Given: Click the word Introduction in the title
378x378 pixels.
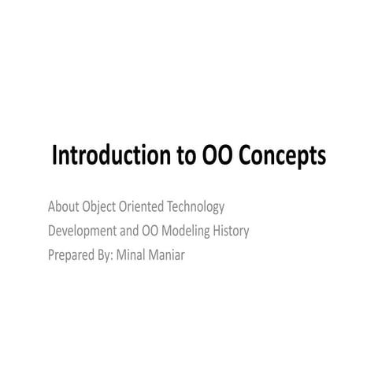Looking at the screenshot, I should pos(107,157).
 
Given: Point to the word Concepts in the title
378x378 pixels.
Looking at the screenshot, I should pos(280,157).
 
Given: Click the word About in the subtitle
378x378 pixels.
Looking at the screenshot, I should pos(63,207).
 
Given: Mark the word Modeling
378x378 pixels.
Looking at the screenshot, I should pos(187,232).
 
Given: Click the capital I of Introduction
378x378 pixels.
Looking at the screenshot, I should pos(54,157).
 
